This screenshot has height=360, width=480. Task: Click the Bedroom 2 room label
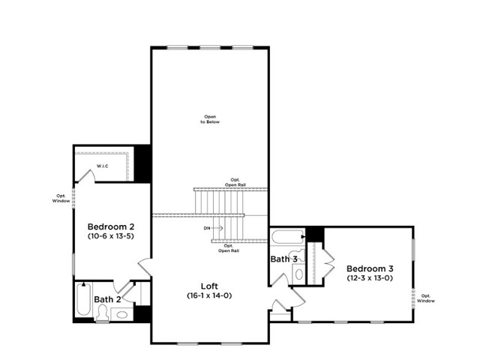click(111, 226)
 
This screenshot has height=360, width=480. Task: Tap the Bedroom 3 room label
click(370, 268)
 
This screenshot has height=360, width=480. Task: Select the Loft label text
click(209, 286)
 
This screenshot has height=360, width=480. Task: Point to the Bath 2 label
click(107, 299)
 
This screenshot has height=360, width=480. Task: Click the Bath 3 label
click(283, 259)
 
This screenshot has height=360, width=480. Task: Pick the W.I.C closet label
click(103, 166)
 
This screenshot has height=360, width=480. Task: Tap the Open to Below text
click(210, 119)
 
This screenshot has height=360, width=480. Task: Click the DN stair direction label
click(207, 228)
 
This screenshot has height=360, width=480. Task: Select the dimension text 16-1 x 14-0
click(209, 295)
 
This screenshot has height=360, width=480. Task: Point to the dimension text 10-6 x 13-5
click(111, 236)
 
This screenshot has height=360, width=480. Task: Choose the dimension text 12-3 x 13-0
click(370, 278)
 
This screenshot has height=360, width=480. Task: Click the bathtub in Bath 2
click(83, 299)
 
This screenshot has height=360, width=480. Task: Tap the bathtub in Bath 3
click(287, 237)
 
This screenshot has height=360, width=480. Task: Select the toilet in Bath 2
click(102, 313)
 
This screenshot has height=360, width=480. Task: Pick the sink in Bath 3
click(299, 274)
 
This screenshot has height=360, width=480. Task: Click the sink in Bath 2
click(122, 315)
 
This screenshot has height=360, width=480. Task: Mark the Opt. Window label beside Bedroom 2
click(61, 198)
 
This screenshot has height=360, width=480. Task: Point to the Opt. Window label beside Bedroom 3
click(426, 298)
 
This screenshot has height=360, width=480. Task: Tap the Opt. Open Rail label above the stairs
click(235, 182)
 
